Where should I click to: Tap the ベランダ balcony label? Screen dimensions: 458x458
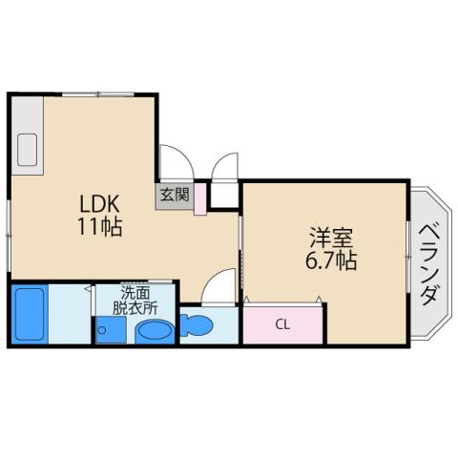pos(428,262)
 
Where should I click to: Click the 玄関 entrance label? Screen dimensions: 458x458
pos(174,194)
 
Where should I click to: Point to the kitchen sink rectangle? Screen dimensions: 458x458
pos(27,150)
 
